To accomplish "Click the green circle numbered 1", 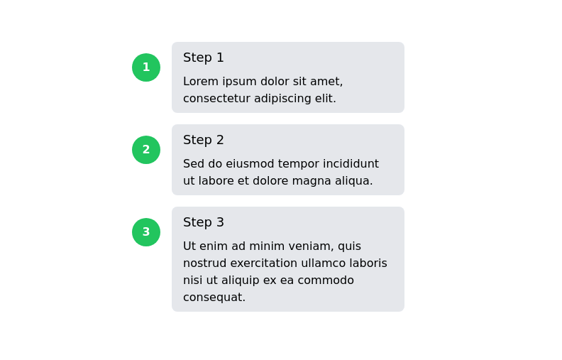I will [x=146, y=67].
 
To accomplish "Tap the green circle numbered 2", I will [x=146, y=150].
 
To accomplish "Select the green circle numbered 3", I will [x=146, y=232].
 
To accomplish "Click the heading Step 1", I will [x=204, y=58].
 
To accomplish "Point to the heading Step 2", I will [x=204, y=140].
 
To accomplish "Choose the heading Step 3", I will [x=204, y=222].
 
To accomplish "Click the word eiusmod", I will [x=250, y=164].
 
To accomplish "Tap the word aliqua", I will [x=353, y=181].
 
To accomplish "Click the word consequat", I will [x=214, y=298].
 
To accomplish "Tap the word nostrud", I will [x=204, y=263].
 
